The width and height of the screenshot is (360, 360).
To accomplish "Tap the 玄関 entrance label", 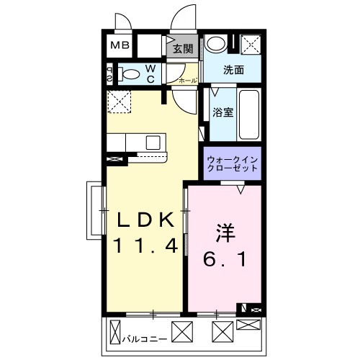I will coord(183,49).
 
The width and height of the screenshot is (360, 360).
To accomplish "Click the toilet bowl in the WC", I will coord(130,73).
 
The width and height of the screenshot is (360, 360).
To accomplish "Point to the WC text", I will coord(152,73).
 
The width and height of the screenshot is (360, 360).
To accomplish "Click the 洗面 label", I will coord(233,71).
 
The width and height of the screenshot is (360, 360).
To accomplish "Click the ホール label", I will coord(187,81).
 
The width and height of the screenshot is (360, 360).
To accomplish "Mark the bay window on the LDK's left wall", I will coord(94,210).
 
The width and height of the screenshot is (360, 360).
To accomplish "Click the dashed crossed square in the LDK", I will coord(118,102).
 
